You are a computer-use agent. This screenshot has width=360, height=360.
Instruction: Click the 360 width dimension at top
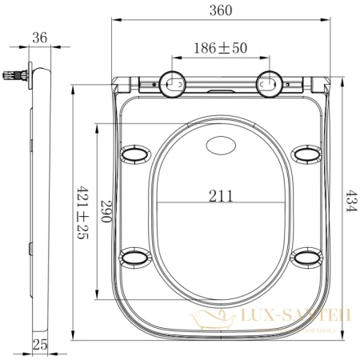pyautogui.click(x=221, y=10)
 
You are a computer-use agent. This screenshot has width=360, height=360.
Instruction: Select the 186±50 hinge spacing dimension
pyautogui.click(x=221, y=49)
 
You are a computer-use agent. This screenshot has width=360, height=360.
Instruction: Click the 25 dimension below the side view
pyautogui.click(x=39, y=345)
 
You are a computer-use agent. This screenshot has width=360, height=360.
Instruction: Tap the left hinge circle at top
pyautogui.click(x=173, y=82)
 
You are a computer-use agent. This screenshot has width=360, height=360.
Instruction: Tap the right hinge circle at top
pyautogui.click(x=268, y=82)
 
